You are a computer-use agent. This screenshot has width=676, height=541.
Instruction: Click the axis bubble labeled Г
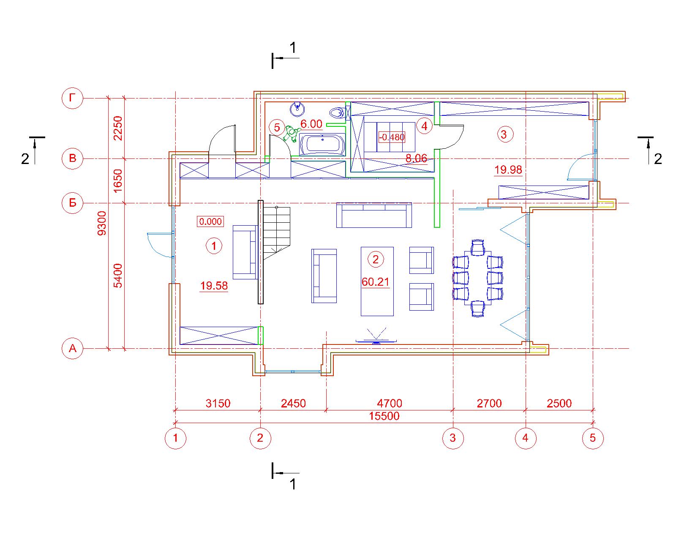(x=72, y=98)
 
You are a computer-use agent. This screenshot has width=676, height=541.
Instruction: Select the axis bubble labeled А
(x=72, y=348)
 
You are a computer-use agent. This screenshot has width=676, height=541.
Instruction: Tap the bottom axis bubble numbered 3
(x=452, y=438)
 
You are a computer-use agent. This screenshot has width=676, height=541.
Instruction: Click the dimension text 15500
(x=384, y=416)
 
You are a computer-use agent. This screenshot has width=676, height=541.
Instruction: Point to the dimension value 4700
(x=390, y=403)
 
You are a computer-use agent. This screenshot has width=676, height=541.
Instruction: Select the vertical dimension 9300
(x=102, y=223)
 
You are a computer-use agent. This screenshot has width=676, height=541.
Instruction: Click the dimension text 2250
(x=117, y=128)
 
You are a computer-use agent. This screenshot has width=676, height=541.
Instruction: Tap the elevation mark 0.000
(x=210, y=221)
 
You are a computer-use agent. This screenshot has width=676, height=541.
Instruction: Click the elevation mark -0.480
(x=392, y=137)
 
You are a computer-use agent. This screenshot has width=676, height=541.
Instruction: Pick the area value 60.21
(x=375, y=281)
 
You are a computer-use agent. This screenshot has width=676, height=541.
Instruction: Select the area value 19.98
(x=508, y=170)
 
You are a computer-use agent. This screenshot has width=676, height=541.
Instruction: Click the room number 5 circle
(x=277, y=127)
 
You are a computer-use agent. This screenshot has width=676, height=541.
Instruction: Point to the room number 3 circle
(x=505, y=134)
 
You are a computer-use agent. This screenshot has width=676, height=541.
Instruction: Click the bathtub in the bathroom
(x=322, y=144)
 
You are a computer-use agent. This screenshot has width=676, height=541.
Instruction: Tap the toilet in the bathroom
(x=338, y=112)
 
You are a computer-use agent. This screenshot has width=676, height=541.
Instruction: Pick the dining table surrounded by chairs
(x=478, y=278)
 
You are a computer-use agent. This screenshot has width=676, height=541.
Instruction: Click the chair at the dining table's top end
(x=478, y=247)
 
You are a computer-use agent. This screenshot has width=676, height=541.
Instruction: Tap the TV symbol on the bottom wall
(x=376, y=336)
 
